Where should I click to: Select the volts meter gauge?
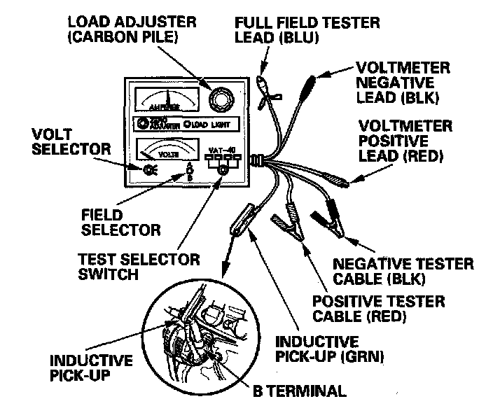click(165, 148)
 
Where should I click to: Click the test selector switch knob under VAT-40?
click(223, 170)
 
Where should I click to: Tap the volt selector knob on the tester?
click(148, 169)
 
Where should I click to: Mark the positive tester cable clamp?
click(287, 227)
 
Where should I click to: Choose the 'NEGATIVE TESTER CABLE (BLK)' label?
click(403, 272)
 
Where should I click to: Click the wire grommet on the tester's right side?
click(258, 162)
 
